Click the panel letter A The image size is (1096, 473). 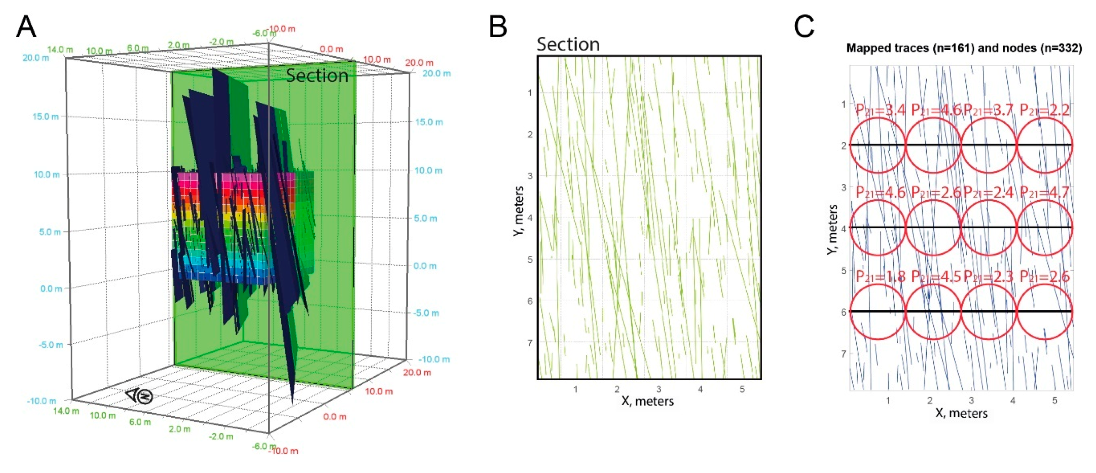coord(26,27)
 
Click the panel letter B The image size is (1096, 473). coord(498,27)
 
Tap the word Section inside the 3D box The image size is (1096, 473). coord(317,76)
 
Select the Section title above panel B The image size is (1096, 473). coord(568,44)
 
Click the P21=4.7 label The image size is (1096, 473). coord(1044,193)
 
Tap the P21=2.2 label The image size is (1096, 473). coord(1044,110)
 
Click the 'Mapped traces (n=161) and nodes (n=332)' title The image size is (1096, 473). coord(964,48)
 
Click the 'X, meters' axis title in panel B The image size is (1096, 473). coord(648,401)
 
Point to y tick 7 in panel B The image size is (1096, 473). coord(530,343)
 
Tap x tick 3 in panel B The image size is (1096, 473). coord(659,389)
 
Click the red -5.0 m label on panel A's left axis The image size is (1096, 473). coord(51,345)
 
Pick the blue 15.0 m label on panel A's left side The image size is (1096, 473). coord(46,116)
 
